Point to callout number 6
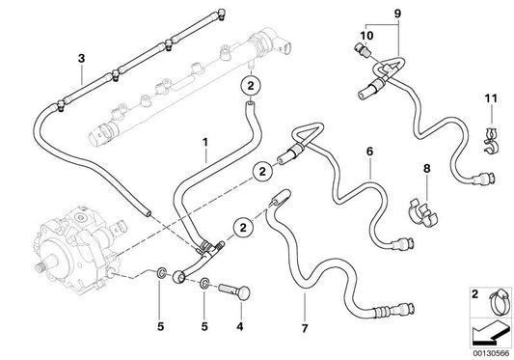pyautogui.click(x=368, y=152)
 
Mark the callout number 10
pyautogui.click(x=365, y=37)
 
